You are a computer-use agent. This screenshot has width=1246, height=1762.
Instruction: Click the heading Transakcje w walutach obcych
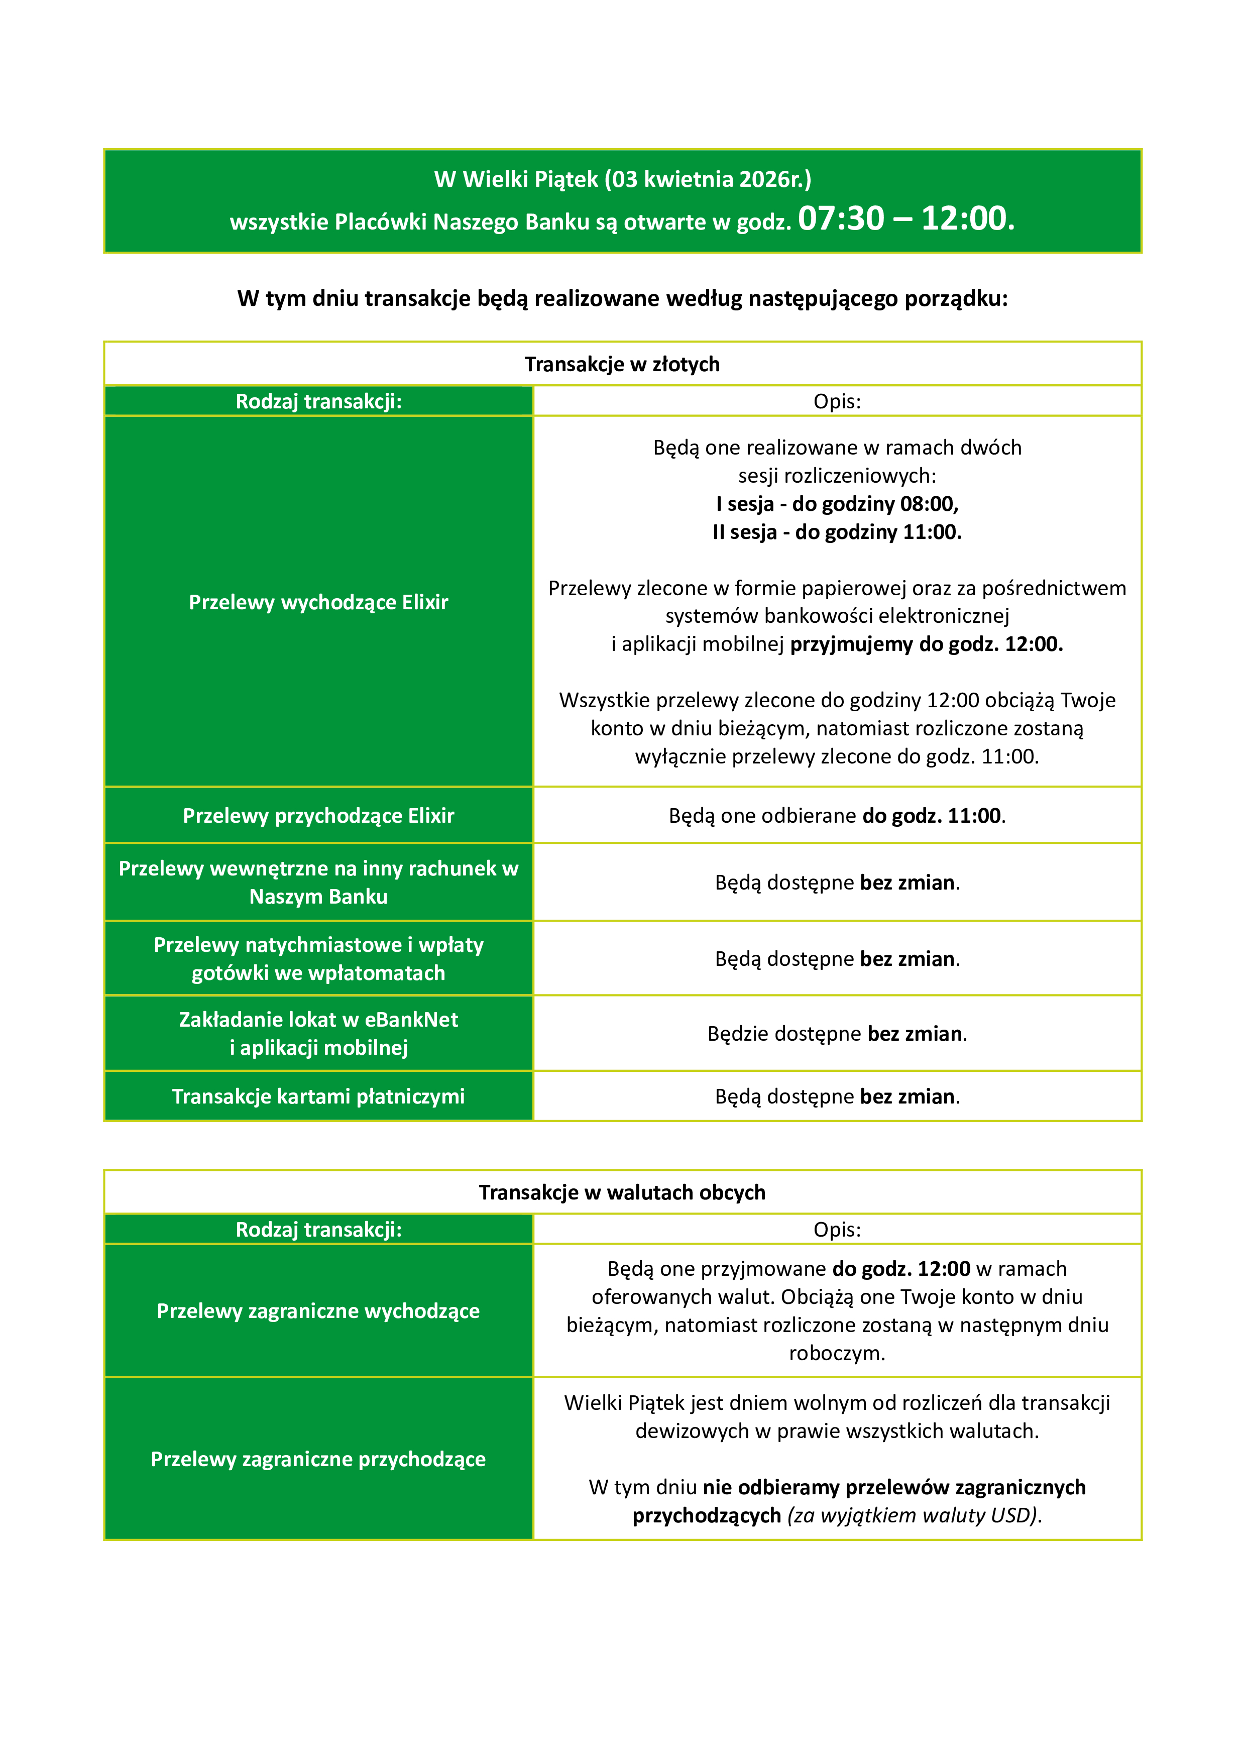point(622,1192)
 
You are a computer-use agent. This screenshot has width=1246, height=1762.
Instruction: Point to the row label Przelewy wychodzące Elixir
point(318,602)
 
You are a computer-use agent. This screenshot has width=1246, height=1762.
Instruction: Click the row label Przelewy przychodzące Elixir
point(318,816)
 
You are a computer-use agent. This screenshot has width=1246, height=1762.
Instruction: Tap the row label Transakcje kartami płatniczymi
point(318,1096)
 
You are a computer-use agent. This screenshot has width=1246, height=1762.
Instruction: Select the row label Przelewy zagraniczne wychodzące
point(318,1311)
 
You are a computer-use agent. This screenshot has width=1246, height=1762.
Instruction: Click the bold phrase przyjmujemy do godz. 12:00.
point(926,644)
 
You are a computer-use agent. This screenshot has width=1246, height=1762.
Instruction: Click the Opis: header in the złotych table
point(837,401)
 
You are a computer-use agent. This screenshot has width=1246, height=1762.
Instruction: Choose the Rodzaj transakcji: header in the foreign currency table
point(318,1230)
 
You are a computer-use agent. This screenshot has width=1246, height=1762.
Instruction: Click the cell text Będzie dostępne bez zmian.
point(837,1034)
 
